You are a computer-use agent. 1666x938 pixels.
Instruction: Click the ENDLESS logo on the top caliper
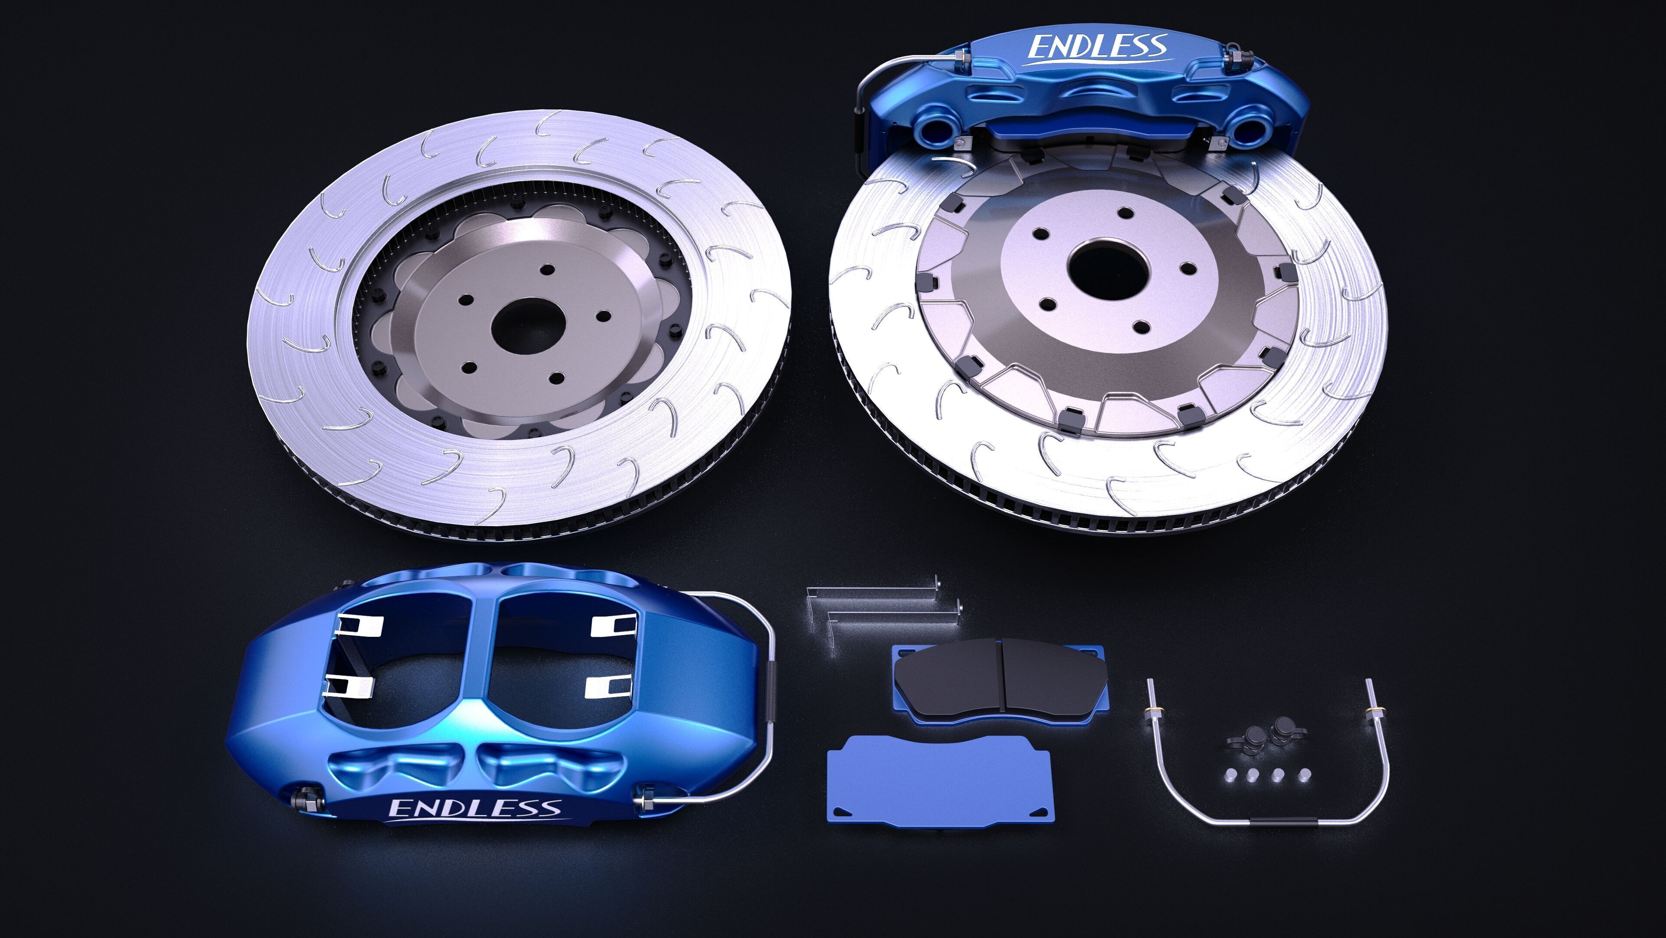tap(1098, 48)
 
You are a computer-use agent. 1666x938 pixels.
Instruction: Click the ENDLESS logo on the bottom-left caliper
tap(475, 808)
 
